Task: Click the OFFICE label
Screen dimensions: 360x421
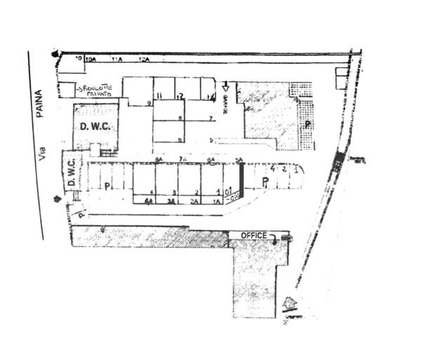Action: pyautogui.click(x=253, y=234)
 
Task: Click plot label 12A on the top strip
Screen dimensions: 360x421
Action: pyautogui.click(x=144, y=61)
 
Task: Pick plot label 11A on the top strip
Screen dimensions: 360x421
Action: pyautogui.click(x=116, y=61)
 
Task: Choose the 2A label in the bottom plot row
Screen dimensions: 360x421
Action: pyautogui.click(x=195, y=201)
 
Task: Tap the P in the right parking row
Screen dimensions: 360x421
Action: pyautogui.click(x=265, y=182)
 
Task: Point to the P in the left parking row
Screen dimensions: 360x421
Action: pyautogui.click(x=107, y=186)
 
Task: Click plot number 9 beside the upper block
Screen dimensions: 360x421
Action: pyautogui.click(x=149, y=103)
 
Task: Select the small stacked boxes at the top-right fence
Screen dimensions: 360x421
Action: pyautogui.click(x=341, y=74)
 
